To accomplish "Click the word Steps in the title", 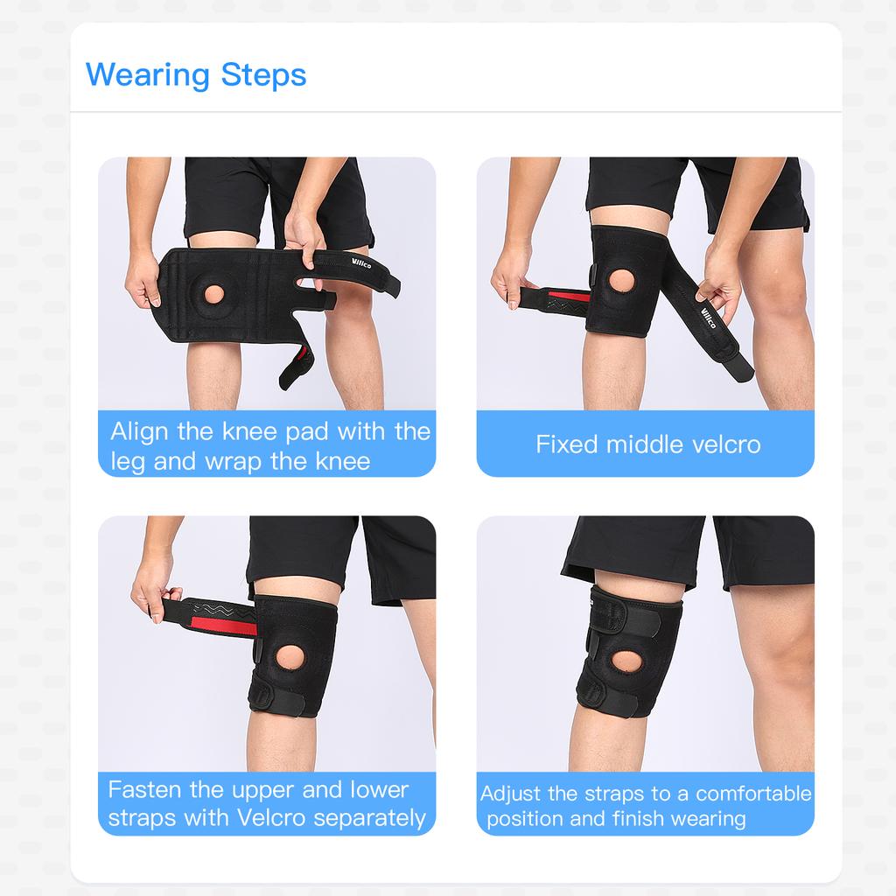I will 263,75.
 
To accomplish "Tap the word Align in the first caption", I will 136,431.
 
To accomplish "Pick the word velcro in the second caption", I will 725,444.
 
